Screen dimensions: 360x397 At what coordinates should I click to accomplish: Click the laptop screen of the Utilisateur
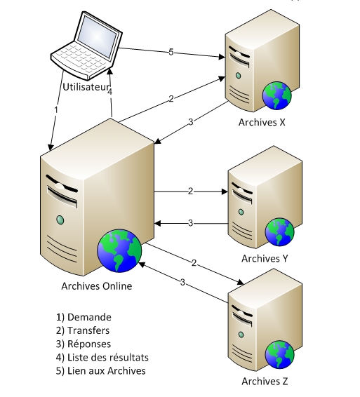coord(97,36)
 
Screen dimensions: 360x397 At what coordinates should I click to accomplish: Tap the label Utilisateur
coord(86,87)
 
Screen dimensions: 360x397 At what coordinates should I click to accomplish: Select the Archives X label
coord(262,122)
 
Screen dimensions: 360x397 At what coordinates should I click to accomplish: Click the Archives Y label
coord(265,259)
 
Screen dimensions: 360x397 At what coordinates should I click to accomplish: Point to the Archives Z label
coord(265,381)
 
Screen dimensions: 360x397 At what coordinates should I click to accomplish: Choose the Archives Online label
coord(97,286)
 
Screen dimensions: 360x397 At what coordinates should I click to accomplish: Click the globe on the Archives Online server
coord(119,250)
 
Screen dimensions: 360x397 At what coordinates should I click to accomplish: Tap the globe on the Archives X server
coord(277,95)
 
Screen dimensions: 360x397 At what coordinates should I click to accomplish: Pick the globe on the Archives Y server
coord(280,231)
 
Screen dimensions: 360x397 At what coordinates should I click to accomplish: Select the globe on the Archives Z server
coord(280,354)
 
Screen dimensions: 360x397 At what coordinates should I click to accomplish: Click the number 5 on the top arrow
coord(171,52)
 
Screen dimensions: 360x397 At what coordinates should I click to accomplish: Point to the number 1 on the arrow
coord(56,109)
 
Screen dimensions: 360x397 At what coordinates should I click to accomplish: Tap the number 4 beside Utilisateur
coord(109,91)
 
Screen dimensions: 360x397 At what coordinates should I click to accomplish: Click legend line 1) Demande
coord(84,317)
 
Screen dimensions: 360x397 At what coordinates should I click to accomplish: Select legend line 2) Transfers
coord(83,330)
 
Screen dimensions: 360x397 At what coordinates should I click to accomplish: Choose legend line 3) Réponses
coord(84,344)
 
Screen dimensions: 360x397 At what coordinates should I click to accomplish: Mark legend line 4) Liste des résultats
coord(102,358)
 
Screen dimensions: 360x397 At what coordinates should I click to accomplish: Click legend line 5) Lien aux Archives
coord(101,371)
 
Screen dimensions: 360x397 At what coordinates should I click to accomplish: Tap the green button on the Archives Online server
coord(60,220)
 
